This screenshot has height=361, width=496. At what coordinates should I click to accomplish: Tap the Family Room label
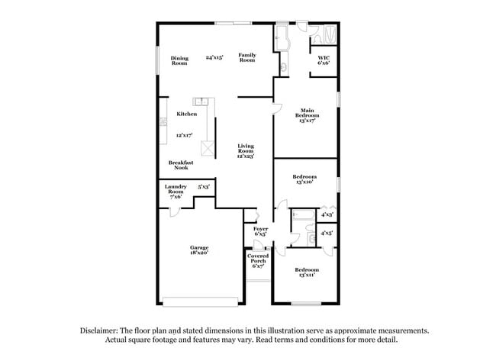(x=246, y=57)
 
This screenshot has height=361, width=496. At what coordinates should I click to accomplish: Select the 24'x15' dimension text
(x=214, y=58)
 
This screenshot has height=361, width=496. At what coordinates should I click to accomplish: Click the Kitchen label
(x=187, y=114)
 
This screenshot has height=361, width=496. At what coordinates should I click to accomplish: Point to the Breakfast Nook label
(x=181, y=165)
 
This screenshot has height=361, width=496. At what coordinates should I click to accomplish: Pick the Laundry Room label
(x=176, y=191)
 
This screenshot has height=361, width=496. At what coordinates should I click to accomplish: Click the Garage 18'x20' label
(x=199, y=250)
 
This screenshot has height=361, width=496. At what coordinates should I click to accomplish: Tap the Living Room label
(x=246, y=150)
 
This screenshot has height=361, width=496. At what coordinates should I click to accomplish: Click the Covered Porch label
(x=257, y=260)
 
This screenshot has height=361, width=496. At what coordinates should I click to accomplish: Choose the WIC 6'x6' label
(x=324, y=60)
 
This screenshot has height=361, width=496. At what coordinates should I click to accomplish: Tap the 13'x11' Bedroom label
(x=307, y=272)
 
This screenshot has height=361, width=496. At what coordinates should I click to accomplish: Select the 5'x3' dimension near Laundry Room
(x=204, y=186)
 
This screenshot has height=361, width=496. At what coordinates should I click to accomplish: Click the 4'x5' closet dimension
(x=326, y=233)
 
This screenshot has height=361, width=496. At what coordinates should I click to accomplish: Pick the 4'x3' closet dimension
(x=327, y=214)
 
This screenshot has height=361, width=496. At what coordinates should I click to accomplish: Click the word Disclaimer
(x=100, y=330)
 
